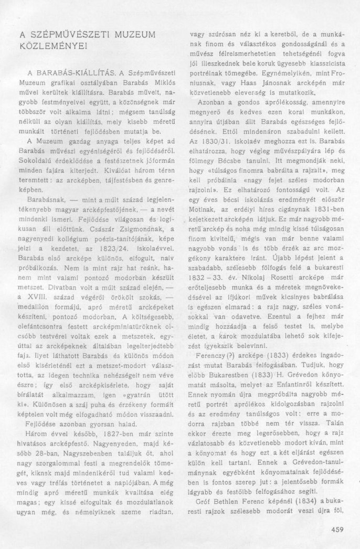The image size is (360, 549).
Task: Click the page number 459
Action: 337,529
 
